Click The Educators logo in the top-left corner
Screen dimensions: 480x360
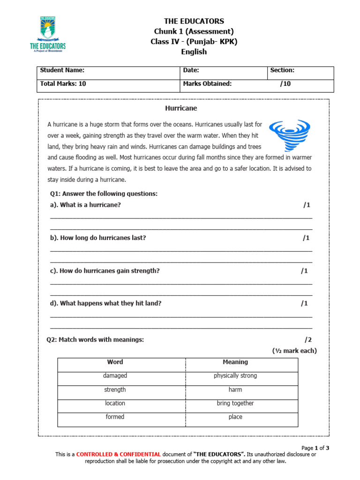tap(47, 35)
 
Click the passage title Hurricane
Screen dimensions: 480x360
tap(181, 108)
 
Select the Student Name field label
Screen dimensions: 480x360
tap(62, 70)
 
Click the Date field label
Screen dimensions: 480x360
tap(191, 70)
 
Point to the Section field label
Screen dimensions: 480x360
tap(282, 70)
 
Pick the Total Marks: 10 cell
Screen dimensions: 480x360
tap(63, 84)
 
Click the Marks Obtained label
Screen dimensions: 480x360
tap(207, 84)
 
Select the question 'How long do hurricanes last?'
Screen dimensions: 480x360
tap(98, 238)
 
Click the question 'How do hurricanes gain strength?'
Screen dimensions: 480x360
tap(105, 270)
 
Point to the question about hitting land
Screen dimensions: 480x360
tap(106, 303)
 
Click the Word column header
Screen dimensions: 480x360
tap(115, 362)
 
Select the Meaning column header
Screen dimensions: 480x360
tap(235, 362)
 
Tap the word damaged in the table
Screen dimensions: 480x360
tap(115, 375)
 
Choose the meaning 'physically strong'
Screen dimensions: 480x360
tap(235, 375)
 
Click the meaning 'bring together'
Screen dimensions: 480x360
tap(235, 403)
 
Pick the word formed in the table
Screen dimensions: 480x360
tap(115, 417)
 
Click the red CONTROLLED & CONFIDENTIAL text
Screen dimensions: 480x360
tap(119, 454)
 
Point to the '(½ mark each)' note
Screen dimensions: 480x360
tap(294, 351)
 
